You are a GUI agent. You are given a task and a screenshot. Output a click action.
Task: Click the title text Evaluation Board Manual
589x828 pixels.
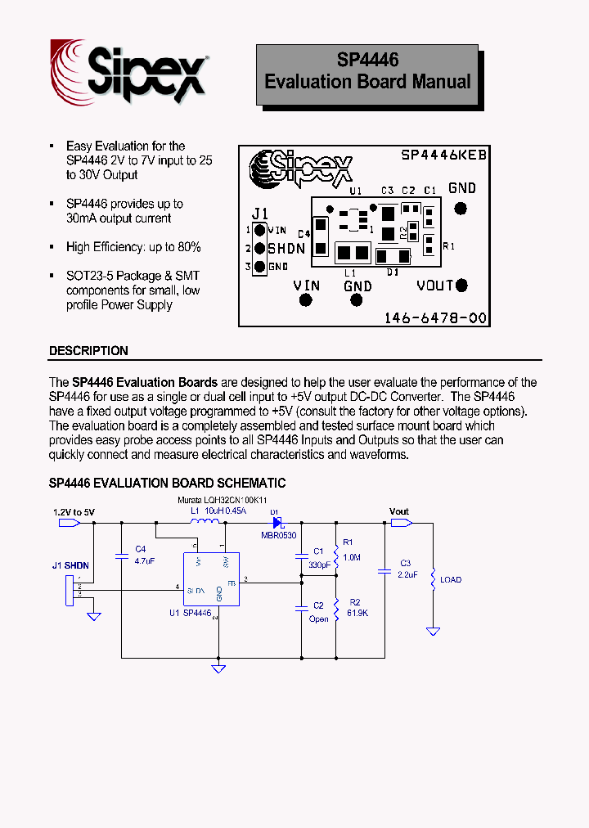click(367, 82)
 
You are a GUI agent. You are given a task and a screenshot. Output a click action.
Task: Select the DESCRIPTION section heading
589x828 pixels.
click(88, 351)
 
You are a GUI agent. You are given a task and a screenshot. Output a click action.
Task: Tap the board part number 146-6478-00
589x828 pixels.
click(435, 317)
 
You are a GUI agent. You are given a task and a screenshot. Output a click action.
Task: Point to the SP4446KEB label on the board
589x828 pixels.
click(444, 155)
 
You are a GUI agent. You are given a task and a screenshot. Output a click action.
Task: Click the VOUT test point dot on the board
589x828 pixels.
click(461, 285)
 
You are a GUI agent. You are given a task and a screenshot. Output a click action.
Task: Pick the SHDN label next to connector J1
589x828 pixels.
click(286, 249)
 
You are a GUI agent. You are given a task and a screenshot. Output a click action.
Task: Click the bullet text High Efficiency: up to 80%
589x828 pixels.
click(133, 247)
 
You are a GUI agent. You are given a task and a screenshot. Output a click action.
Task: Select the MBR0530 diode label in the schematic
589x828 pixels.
click(278, 535)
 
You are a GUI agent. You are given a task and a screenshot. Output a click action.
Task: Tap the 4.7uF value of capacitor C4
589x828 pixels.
click(144, 561)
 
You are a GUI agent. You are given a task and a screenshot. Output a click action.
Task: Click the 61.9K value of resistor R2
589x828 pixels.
click(357, 613)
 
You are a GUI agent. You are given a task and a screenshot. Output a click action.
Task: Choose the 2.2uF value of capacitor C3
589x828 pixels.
click(408, 575)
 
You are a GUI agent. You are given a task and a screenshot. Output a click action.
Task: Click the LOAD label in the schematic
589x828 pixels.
click(451, 579)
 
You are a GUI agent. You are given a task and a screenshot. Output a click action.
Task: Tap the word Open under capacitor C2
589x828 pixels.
click(319, 619)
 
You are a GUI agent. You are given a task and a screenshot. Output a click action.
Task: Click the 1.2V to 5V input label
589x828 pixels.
click(74, 512)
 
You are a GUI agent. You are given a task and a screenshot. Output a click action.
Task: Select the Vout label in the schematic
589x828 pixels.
click(398, 511)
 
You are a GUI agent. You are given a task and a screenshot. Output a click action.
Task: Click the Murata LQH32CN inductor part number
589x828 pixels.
click(223, 499)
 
